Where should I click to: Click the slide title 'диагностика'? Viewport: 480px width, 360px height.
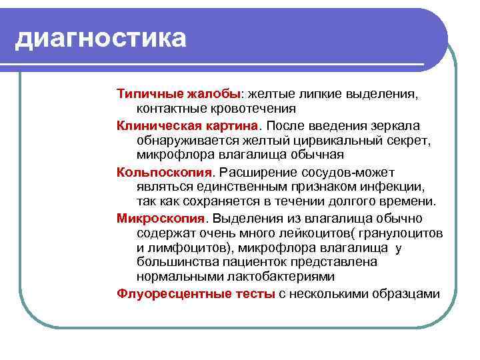(100, 37)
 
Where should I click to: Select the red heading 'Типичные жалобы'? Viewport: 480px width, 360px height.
(179, 94)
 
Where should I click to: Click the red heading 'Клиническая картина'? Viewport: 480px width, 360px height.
(188, 126)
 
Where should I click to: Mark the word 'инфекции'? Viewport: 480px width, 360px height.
(395, 187)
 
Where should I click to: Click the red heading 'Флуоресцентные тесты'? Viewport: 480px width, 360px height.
(195, 294)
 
